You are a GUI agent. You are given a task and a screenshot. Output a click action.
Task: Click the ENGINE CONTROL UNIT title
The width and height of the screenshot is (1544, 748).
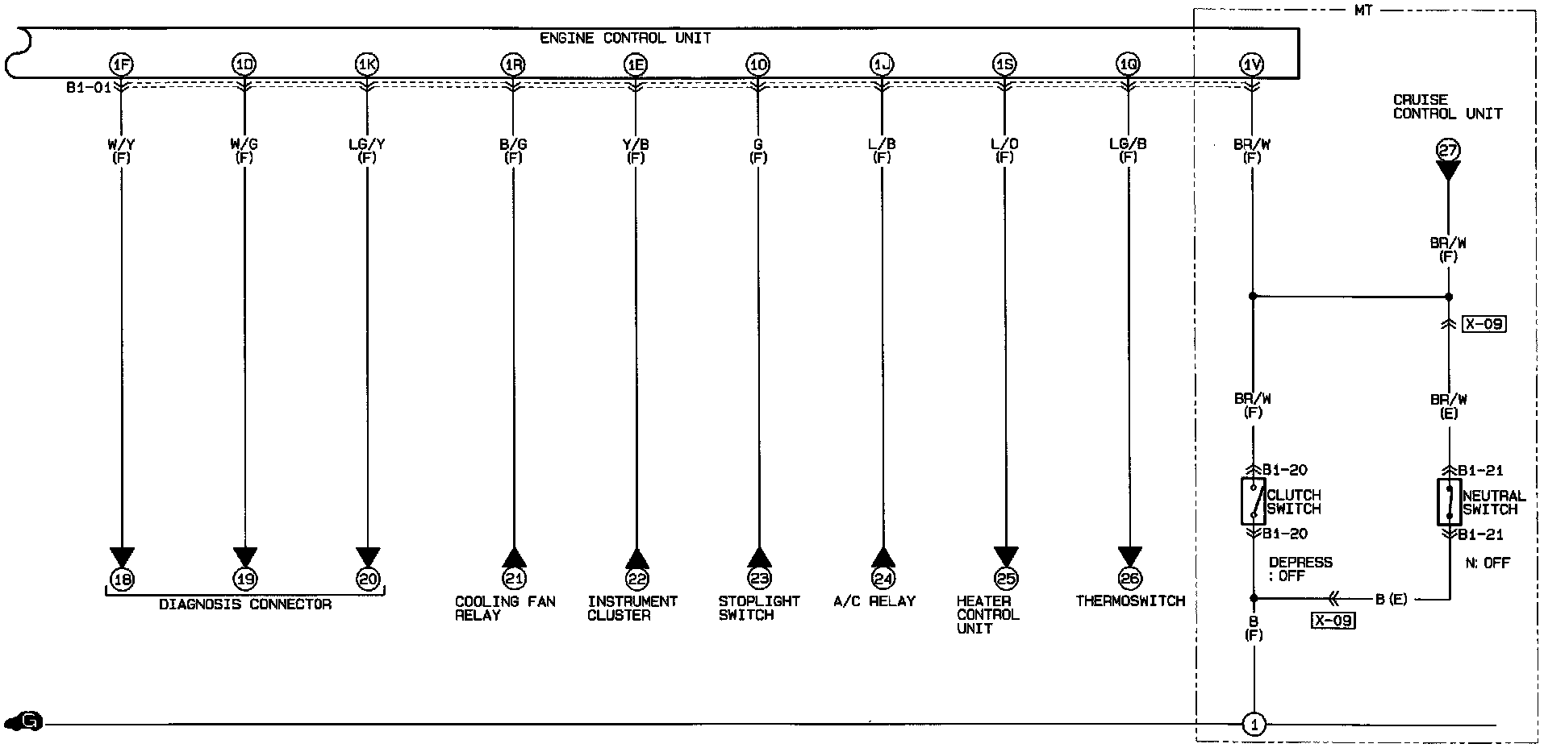625,38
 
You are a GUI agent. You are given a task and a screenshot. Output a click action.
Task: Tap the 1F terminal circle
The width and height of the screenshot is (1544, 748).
122,64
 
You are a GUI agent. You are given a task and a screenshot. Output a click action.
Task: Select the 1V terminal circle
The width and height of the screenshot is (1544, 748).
1251,64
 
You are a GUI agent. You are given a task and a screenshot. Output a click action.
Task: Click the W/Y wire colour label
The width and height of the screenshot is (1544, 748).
122,144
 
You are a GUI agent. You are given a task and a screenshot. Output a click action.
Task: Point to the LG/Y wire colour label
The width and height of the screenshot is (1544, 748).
367,144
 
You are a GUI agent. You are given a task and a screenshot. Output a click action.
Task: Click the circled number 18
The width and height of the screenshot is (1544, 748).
123,578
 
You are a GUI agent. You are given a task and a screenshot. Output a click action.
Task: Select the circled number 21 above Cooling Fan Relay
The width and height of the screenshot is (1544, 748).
514,578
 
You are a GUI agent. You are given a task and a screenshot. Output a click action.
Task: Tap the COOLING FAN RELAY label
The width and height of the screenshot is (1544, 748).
505,608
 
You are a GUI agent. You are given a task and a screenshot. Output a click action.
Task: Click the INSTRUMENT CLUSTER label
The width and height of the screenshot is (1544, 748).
632,608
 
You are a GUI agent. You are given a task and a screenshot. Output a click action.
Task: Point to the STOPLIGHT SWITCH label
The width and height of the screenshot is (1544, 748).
759,608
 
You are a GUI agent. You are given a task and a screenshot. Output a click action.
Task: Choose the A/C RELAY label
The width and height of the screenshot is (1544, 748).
874,601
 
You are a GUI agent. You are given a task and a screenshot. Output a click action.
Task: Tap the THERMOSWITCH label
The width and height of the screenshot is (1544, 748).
1130,601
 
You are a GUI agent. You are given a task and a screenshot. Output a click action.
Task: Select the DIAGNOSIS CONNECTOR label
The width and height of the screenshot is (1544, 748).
245,605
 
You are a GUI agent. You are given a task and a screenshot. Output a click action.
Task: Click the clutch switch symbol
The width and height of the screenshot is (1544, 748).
1253,501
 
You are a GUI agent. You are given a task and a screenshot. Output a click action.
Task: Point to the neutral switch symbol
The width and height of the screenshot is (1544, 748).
1450,501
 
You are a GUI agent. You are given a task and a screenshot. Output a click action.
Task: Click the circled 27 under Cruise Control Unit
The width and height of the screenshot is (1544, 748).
1449,150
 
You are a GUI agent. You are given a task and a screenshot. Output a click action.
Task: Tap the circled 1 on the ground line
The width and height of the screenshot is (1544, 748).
1254,725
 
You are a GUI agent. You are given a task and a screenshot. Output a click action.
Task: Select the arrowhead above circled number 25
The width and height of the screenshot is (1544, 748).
1006,557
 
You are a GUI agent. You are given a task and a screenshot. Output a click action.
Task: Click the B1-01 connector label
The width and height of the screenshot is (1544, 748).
89,87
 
